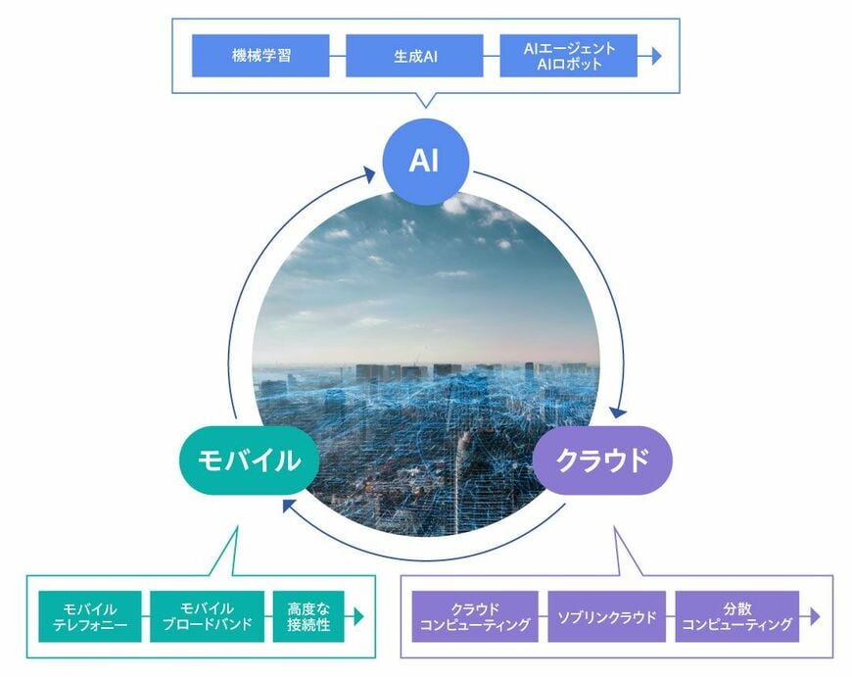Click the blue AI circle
(x=425, y=162)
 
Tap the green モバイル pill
(x=249, y=460)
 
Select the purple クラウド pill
(x=602, y=460)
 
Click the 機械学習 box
(x=260, y=56)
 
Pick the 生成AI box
(x=414, y=56)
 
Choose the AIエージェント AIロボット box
(x=568, y=56)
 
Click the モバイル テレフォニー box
(x=90, y=616)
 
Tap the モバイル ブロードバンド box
(x=207, y=616)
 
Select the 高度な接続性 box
(x=308, y=616)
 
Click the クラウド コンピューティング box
(x=475, y=616)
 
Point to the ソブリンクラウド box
(x=607, y=616)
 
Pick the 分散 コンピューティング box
(x=737, y=616)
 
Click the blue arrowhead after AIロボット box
(x=656, y=56)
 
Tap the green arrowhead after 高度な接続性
(x=358, y=616)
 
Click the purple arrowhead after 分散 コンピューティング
(x=815, y=616)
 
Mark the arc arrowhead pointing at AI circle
(x=369, y=175)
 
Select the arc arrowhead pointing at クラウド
(x=618, y=411)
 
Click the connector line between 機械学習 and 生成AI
(x=338, y=56)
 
